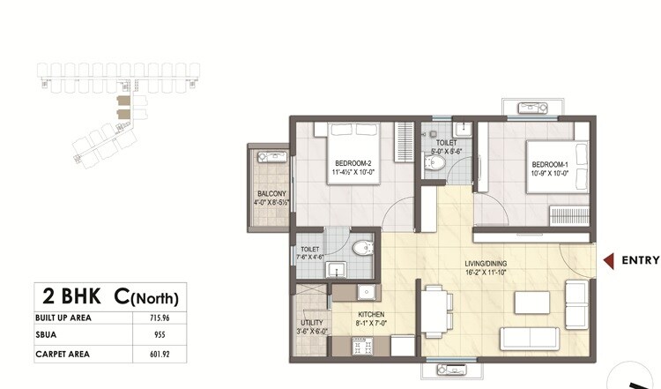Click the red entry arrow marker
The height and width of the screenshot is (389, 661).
point(608,260)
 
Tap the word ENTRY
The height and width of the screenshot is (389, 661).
point(641,260)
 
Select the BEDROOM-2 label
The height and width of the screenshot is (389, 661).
point(353,162)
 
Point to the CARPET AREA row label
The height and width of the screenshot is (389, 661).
point(63,355)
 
